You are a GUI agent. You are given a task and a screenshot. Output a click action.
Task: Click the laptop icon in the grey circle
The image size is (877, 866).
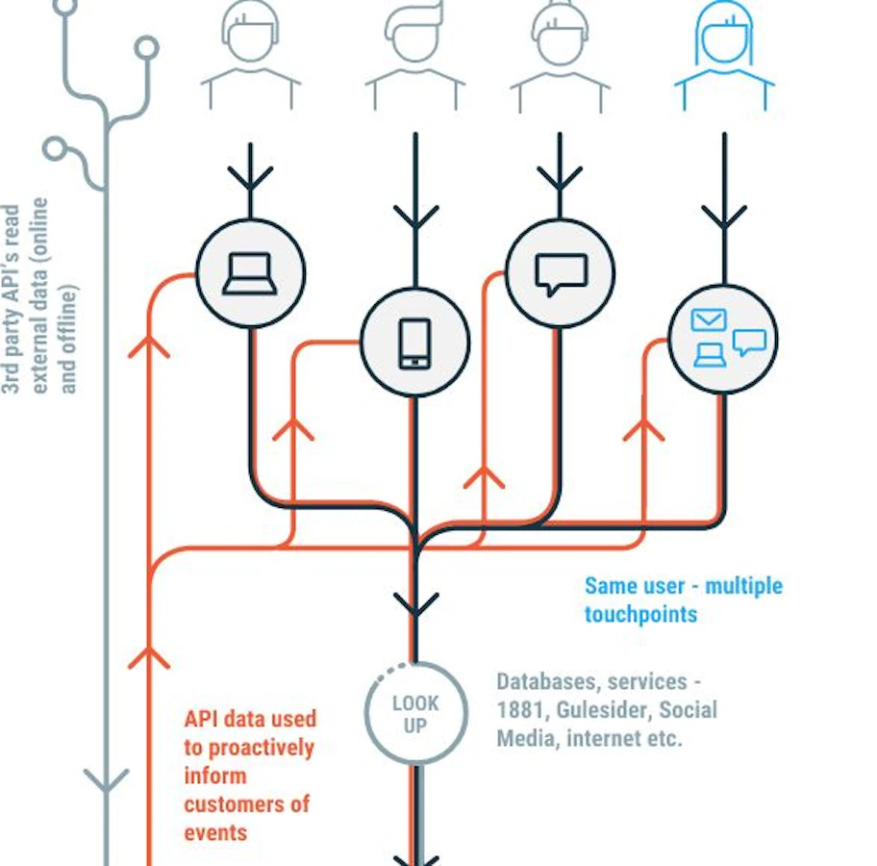[250, 273]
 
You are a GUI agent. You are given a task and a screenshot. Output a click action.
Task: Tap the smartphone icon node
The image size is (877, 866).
[415, 343]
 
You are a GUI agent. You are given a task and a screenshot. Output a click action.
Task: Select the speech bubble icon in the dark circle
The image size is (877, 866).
[562, 274]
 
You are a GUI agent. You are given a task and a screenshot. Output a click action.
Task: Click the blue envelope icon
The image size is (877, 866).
[709, 320]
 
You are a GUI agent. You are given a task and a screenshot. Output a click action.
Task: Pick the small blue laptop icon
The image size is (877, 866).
[710, 355]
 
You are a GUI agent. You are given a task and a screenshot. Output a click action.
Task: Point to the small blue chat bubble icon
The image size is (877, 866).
[749, 342]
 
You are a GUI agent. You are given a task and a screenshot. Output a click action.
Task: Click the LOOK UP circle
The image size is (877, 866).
[415, 713]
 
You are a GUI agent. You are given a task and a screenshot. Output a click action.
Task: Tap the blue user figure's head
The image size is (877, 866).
[724, 35]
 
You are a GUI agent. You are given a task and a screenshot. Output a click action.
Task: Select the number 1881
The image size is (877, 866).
[519, 710]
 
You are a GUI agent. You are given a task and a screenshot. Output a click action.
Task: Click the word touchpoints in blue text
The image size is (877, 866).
[641, 614]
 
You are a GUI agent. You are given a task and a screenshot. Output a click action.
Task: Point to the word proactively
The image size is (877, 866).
[262, 749]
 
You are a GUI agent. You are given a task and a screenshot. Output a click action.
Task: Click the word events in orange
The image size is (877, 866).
[215, 833]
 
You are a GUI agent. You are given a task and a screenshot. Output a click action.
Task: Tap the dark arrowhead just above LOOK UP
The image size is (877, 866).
[415, 604]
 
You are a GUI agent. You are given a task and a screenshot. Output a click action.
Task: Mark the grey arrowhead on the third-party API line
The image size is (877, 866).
[107, 780]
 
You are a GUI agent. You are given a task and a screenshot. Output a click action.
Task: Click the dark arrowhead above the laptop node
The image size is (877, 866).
[251, 177]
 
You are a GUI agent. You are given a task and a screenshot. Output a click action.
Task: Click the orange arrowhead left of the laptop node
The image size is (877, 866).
[149, 346]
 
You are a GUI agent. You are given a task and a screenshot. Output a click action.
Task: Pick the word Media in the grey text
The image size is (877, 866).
[526, 738]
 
